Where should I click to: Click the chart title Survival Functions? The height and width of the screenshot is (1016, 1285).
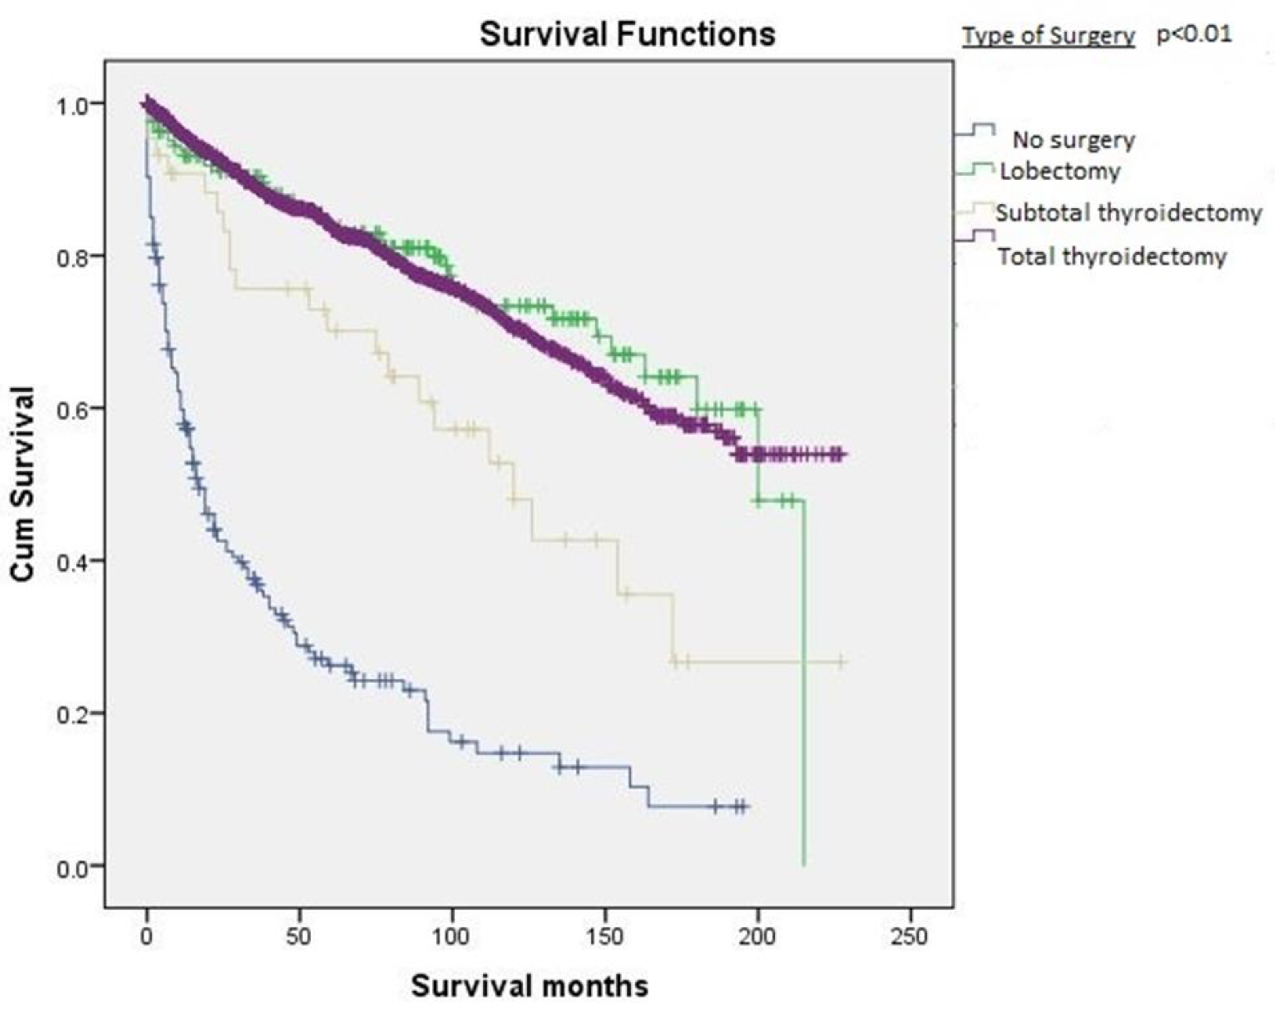pyautogui.click(x=627, y=34)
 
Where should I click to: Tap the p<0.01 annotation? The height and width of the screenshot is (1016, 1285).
pyautogui.click(x=1194, y=34)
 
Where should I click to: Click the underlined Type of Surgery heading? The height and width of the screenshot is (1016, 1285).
pyautogui.click(x=1049, y=36)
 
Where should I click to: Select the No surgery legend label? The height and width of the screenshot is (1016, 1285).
pyautogui.click(x=1074, y=140)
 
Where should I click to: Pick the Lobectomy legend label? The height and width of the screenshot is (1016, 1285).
pyautogui.click(x=1060, y=171)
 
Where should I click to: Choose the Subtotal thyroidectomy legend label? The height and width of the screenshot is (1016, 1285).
pyautogui.click(x=1128, y=212)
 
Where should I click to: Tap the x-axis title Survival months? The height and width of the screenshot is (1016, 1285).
pyautogui.click(x=529, y=986)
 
